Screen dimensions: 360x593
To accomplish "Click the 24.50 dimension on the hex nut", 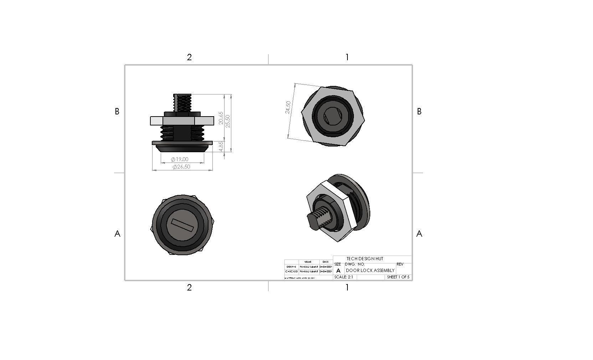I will [x=288, y=107].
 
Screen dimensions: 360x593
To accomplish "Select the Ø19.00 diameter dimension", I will [x=180, y=159].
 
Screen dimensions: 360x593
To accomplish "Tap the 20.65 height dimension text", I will [x=221, y=118].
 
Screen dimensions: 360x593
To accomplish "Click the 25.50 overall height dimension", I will [x=228, y=121].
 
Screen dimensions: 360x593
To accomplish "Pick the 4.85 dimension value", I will [x=221, y=146].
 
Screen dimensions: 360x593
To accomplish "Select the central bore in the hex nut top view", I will [x=333, y=116].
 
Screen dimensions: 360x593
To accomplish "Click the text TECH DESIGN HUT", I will [x=365, y=259].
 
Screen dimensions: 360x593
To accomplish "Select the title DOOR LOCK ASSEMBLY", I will [x=370, y=271].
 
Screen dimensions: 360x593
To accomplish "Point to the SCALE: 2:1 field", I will [x=344, y=277].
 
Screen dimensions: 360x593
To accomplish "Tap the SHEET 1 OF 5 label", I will [x=398, y=277].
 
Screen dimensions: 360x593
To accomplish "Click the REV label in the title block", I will [x=400, y=264].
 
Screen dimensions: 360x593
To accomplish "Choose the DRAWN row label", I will [x=291, y=267].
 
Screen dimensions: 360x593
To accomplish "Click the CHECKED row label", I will [x=291, y=272].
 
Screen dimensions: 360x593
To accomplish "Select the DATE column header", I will [x=325, y=262].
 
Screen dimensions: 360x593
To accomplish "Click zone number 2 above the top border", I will [x=189, y=57].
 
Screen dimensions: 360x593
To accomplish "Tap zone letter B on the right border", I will [x=419, y=112].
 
